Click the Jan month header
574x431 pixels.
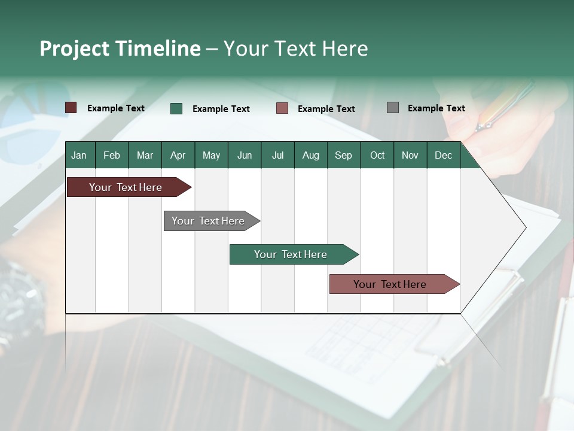(79, 155)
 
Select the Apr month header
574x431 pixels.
(178, 155)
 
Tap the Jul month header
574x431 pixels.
(277, 155)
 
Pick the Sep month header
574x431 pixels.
(343, 155)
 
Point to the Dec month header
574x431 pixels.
(443, 155)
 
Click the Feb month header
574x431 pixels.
(112, 155)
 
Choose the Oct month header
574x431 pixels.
(377, 155)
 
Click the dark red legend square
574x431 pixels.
(71, 108)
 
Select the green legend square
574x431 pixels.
(176, 108)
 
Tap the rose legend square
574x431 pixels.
(282, 108)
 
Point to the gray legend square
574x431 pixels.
(393, 108)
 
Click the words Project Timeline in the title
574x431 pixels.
(120, 48)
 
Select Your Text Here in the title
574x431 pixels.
(296, 48)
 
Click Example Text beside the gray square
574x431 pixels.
(436, 108)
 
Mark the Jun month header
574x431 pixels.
(245, 155)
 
